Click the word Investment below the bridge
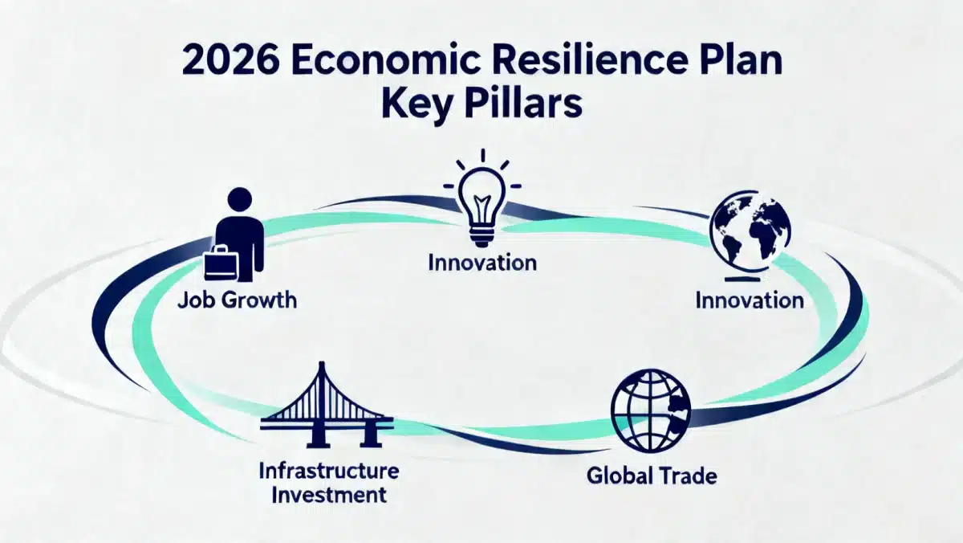click(328, 493)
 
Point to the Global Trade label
click(652, 475)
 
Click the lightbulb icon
click(481, 201)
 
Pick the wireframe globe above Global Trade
click(650, 410)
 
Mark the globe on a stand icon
click(750, 235)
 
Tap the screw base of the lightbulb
click(481, 232)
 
